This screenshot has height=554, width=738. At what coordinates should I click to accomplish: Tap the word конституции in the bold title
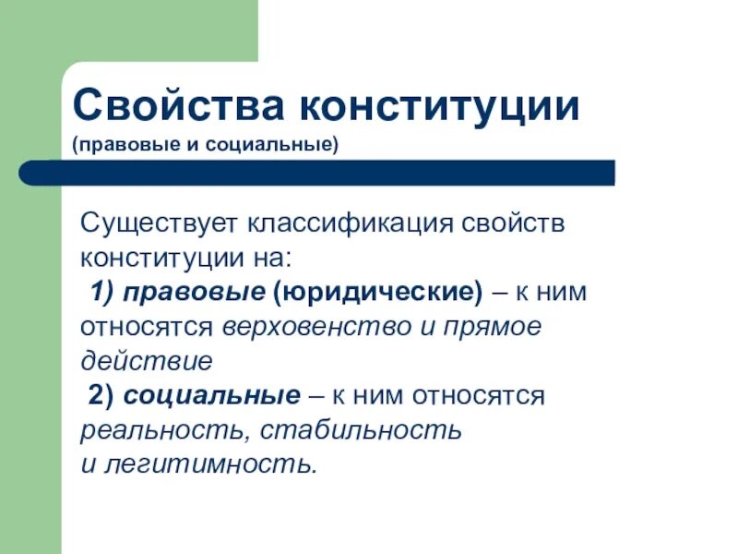click(x=439, y=106)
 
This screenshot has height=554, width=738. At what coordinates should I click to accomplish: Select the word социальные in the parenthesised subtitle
click(x=280, y=145)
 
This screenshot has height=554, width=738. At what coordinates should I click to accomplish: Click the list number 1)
click(x=101, y=293)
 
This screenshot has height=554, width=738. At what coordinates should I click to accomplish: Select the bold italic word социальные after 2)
click(x=211, y=396)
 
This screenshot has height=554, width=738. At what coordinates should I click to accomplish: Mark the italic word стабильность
click(x=361, y=430)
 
